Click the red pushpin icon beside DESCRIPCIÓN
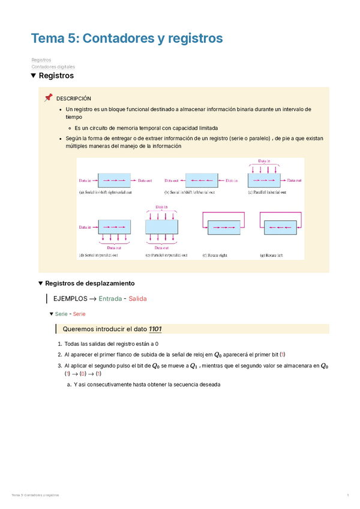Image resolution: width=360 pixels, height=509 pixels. pyautogui.click(x=49, y=98)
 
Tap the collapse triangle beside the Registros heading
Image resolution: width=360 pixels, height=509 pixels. pyautogui.click(x=34, y=76)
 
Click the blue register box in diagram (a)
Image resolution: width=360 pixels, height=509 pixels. pyautogui.click(x=114, y=180)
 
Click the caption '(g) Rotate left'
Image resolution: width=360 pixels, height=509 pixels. pyautogui.click(x=271, y=254)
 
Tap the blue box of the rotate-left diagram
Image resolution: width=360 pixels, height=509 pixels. pyautogui.click(x=278, y=229)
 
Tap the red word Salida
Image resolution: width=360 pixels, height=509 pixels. pyautogui.click(x=137, y=298)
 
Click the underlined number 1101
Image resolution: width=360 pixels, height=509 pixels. pyautogui.click(x=153, y=329)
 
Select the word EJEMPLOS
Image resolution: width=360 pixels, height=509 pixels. pyautogui.click(x=70, y=298)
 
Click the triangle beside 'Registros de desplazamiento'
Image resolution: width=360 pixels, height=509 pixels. pyautogui.click(x=40, y=283)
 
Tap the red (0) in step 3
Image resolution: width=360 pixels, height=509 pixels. pyautogui.click(x=83, y=374)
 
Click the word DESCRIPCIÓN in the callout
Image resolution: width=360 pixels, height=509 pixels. pyautogui.click(x=74, y=98)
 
